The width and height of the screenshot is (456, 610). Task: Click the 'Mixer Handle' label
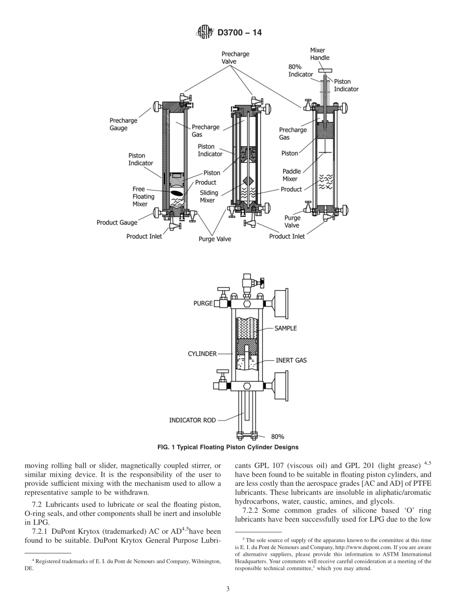click(320, 54)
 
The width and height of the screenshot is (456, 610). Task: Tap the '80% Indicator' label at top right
click(300, 70)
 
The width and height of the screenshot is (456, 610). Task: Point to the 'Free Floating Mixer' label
click(144, 196)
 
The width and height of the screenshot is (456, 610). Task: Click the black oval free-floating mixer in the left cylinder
click(177, 193)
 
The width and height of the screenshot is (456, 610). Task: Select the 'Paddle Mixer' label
click(292, 175)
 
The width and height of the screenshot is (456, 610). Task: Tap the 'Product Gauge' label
click(117, 223)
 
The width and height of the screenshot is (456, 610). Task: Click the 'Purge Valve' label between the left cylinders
click(215, 239)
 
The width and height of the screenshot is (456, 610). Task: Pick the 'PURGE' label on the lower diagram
click(203, 304)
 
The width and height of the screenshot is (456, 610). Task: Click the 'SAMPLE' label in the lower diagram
click(286, 328)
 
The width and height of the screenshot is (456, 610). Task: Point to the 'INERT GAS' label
click(291, 360)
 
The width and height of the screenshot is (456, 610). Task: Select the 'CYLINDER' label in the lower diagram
click(202, 354)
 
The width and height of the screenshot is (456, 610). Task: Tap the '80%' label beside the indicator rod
click(277, 436)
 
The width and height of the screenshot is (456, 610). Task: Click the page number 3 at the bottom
click(228, 589)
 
